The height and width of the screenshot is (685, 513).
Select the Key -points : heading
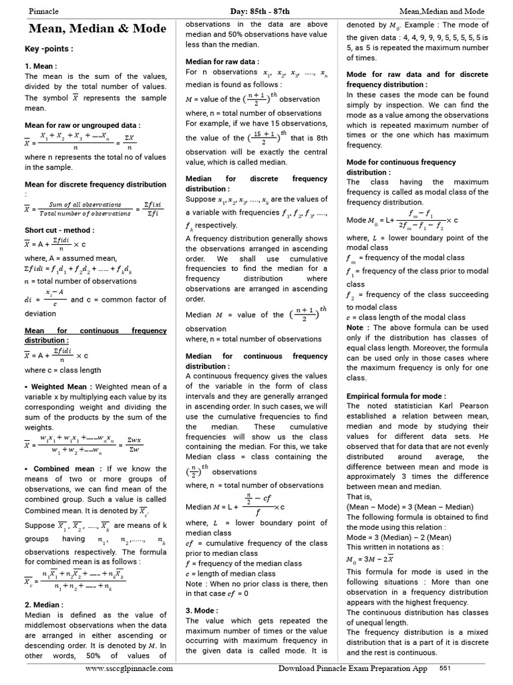pyautogui.click(x=49, y=49)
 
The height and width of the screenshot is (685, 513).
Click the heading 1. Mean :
pyautogui.click(x=41, y=66)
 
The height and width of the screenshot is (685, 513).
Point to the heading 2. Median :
pyautogui.click(x=44, y=604)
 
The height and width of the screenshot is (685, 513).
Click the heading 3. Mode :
pyautogui.click(x=201, y=610)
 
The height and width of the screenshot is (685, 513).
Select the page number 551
pyautogui.click(x=445, y=668)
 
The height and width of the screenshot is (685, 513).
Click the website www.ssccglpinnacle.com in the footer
pyautogui.click(x=130, y=668)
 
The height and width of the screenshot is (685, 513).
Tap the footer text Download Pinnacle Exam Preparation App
pyautogui.click(x=353, y=668)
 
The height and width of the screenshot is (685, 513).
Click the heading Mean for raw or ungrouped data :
pyautogui.click(x=82, y=125)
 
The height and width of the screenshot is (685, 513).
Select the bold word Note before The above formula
pyautogui.click(x=355, y=328)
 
